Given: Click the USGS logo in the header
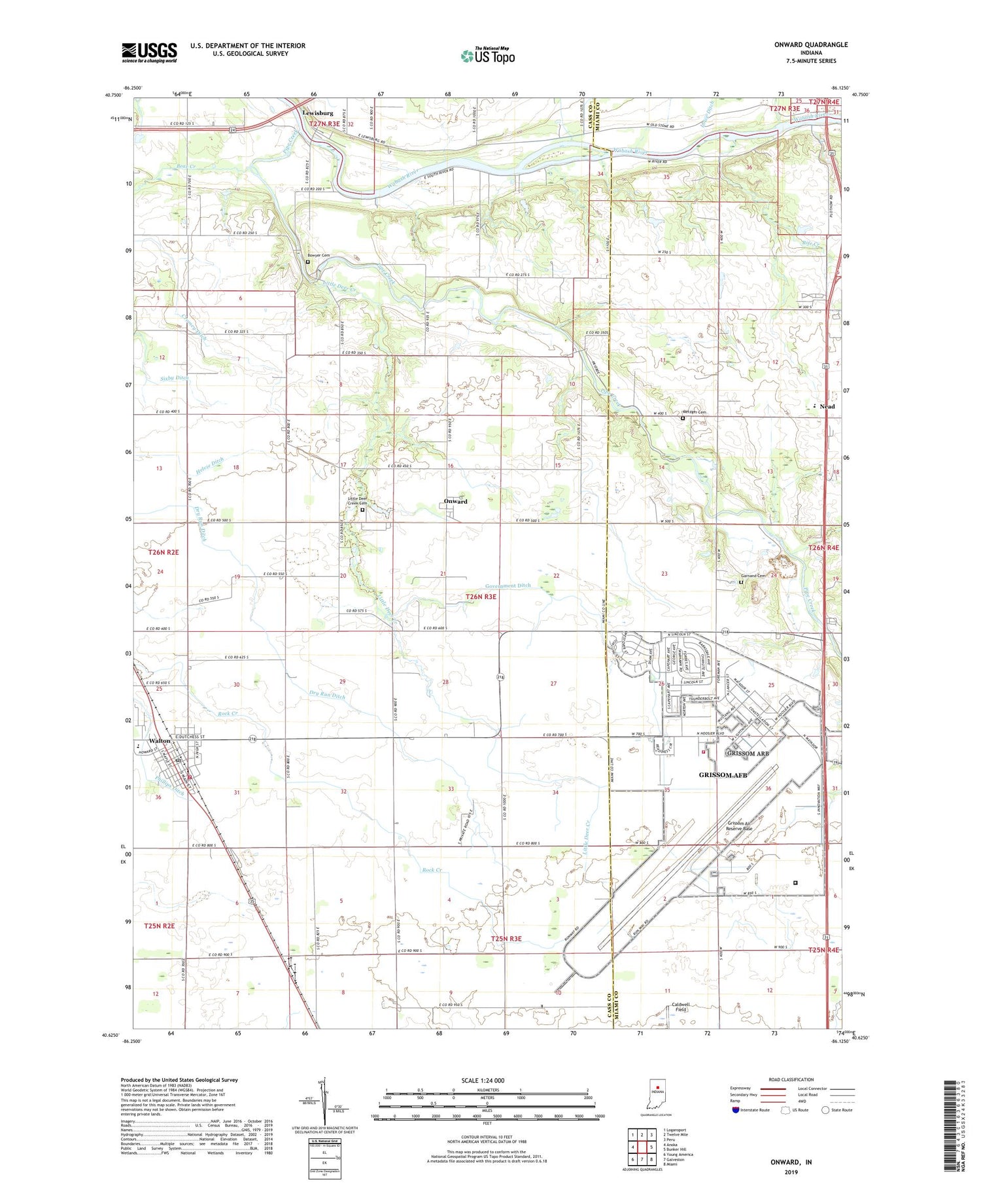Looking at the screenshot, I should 149,52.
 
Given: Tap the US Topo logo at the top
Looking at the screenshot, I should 487,56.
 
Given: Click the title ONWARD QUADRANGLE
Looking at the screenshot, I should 810,44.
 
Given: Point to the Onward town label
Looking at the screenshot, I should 455,502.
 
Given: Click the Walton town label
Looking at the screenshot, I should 159,741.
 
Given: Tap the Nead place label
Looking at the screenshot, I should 827,407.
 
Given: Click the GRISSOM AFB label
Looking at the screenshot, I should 723,775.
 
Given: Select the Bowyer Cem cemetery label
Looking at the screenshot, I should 319,255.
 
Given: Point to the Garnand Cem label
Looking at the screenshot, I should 752,576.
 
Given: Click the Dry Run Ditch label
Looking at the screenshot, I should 327,695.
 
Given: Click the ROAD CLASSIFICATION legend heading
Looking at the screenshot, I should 791,1079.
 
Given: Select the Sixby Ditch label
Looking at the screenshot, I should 175,379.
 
